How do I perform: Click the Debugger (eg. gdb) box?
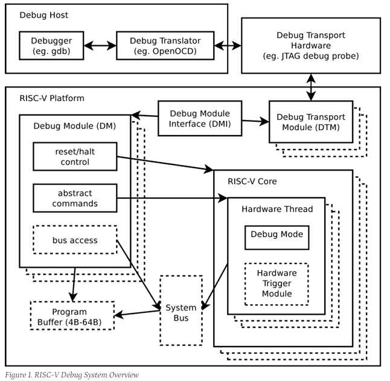click(x=53, y=45)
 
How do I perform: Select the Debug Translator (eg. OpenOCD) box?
click(x=158, y=45)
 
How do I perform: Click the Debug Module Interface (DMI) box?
click(x=199, y=118)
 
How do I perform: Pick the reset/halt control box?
click(x=75, y=157)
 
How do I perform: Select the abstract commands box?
click(x=75, y=198)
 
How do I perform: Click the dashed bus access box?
click(x=75, y=241)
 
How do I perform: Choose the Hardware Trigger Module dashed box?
click(x=276, y=283)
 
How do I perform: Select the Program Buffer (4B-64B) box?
click(x=72, y=316)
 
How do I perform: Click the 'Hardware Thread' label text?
click(x=277, y=209)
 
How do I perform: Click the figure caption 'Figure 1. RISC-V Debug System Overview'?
click(x=72, y=375)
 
